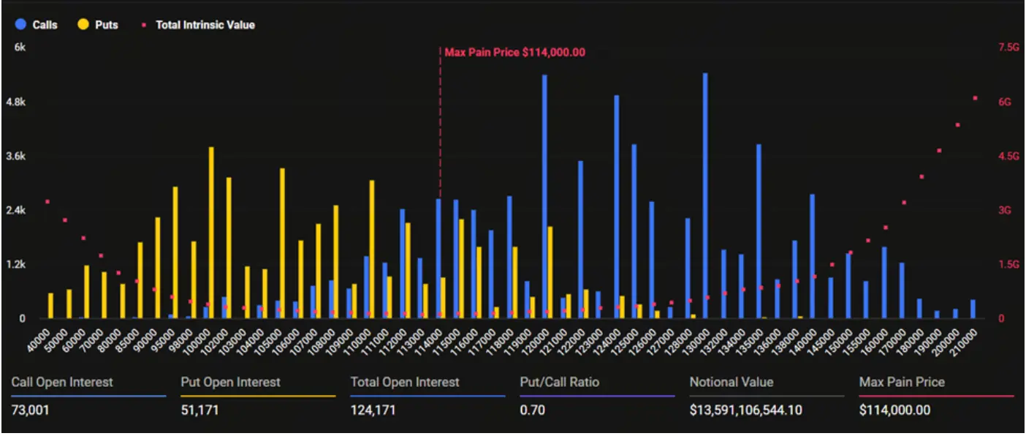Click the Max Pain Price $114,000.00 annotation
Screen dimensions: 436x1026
coord(514,53)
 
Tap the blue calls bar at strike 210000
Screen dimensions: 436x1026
coord(973,309)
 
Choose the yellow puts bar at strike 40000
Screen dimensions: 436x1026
coord(50,305)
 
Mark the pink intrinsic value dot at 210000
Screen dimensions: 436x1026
coord(975,98)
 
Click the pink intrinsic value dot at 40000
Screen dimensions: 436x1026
coord(47,202)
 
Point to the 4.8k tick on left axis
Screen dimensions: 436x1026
coord(15,102)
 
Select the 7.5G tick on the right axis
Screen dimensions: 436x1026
coord(1008,48)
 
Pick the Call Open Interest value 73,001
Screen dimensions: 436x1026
coord(31,410)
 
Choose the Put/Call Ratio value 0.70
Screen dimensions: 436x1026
coord(533,410)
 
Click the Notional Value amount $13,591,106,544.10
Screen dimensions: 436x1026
coord(745,410)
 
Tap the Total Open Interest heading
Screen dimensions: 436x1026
coord(405,382)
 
